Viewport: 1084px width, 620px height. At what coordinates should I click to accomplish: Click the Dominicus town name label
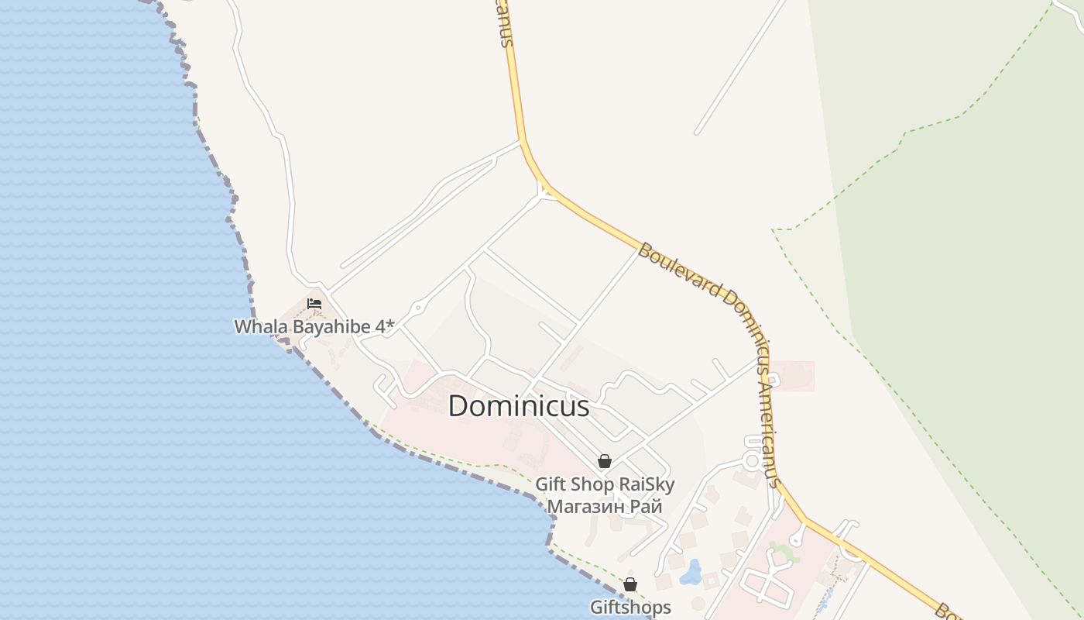(519, 406)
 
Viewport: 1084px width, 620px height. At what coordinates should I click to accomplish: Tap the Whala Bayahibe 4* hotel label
(314, 326)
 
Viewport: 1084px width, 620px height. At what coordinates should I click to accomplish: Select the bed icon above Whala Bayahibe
(314, 303)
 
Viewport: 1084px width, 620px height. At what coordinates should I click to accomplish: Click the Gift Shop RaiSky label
(605, 484)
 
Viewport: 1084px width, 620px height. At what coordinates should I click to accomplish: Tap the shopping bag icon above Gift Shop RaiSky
(605, 461)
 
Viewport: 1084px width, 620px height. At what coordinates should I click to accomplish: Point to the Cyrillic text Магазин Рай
(605, 507)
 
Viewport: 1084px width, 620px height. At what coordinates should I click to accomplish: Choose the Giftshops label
(630, 607)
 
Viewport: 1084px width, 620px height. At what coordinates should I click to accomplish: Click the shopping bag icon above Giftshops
(630, 584)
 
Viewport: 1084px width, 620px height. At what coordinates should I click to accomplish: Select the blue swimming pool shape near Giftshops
(691, 573)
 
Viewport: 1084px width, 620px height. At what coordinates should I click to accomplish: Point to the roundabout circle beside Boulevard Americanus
(751, 461)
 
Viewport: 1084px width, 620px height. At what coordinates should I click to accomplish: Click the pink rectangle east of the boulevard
(792, 376)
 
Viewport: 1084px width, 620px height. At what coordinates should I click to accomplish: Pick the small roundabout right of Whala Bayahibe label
(418, 308)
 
